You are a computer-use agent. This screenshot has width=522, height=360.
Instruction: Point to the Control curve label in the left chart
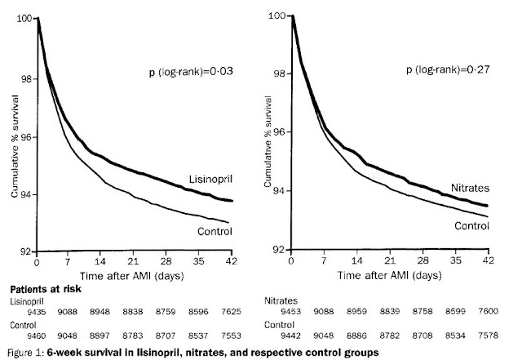pyautogui.click(x=215, y=231)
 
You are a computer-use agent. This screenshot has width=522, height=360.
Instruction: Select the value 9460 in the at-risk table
pyautogui.click(x=17, y=333)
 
